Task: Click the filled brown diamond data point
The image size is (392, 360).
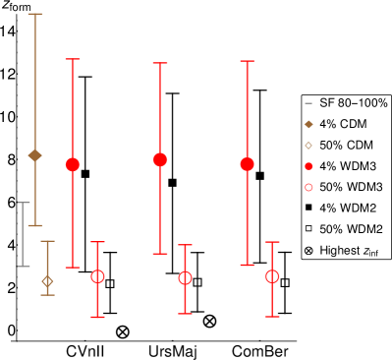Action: pos(35,155)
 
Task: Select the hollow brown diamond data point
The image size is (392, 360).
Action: pos(47,281)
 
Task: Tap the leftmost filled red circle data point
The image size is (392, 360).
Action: pos(73,164)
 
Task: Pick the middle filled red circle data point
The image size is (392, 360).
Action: pos(160,159)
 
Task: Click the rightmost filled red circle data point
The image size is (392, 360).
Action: pos(247,164)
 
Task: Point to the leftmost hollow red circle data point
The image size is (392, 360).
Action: pos(98,276)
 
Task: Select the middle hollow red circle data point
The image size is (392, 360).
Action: pos(185,278)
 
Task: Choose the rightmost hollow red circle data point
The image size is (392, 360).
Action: pos(272,276)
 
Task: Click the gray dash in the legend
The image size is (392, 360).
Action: pos(308,103)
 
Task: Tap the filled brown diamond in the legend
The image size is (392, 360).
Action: pos(308,124)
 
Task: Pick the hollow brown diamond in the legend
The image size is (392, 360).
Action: pos(308,146)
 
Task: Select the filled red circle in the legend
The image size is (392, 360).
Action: pos(308,166)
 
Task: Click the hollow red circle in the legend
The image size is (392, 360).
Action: pos(308,187)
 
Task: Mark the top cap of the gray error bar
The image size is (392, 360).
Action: pos(24,203)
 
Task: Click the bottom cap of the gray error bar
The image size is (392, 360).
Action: pos(24,266)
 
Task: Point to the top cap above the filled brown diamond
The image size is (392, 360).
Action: pos(35,14)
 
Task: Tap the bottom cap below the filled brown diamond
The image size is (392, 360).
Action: pos(35,225)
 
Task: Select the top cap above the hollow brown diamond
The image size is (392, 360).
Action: pos(47,241)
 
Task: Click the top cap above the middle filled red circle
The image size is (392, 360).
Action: pos(160,63)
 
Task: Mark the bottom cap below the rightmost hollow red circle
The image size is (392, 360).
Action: pos(272,317)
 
